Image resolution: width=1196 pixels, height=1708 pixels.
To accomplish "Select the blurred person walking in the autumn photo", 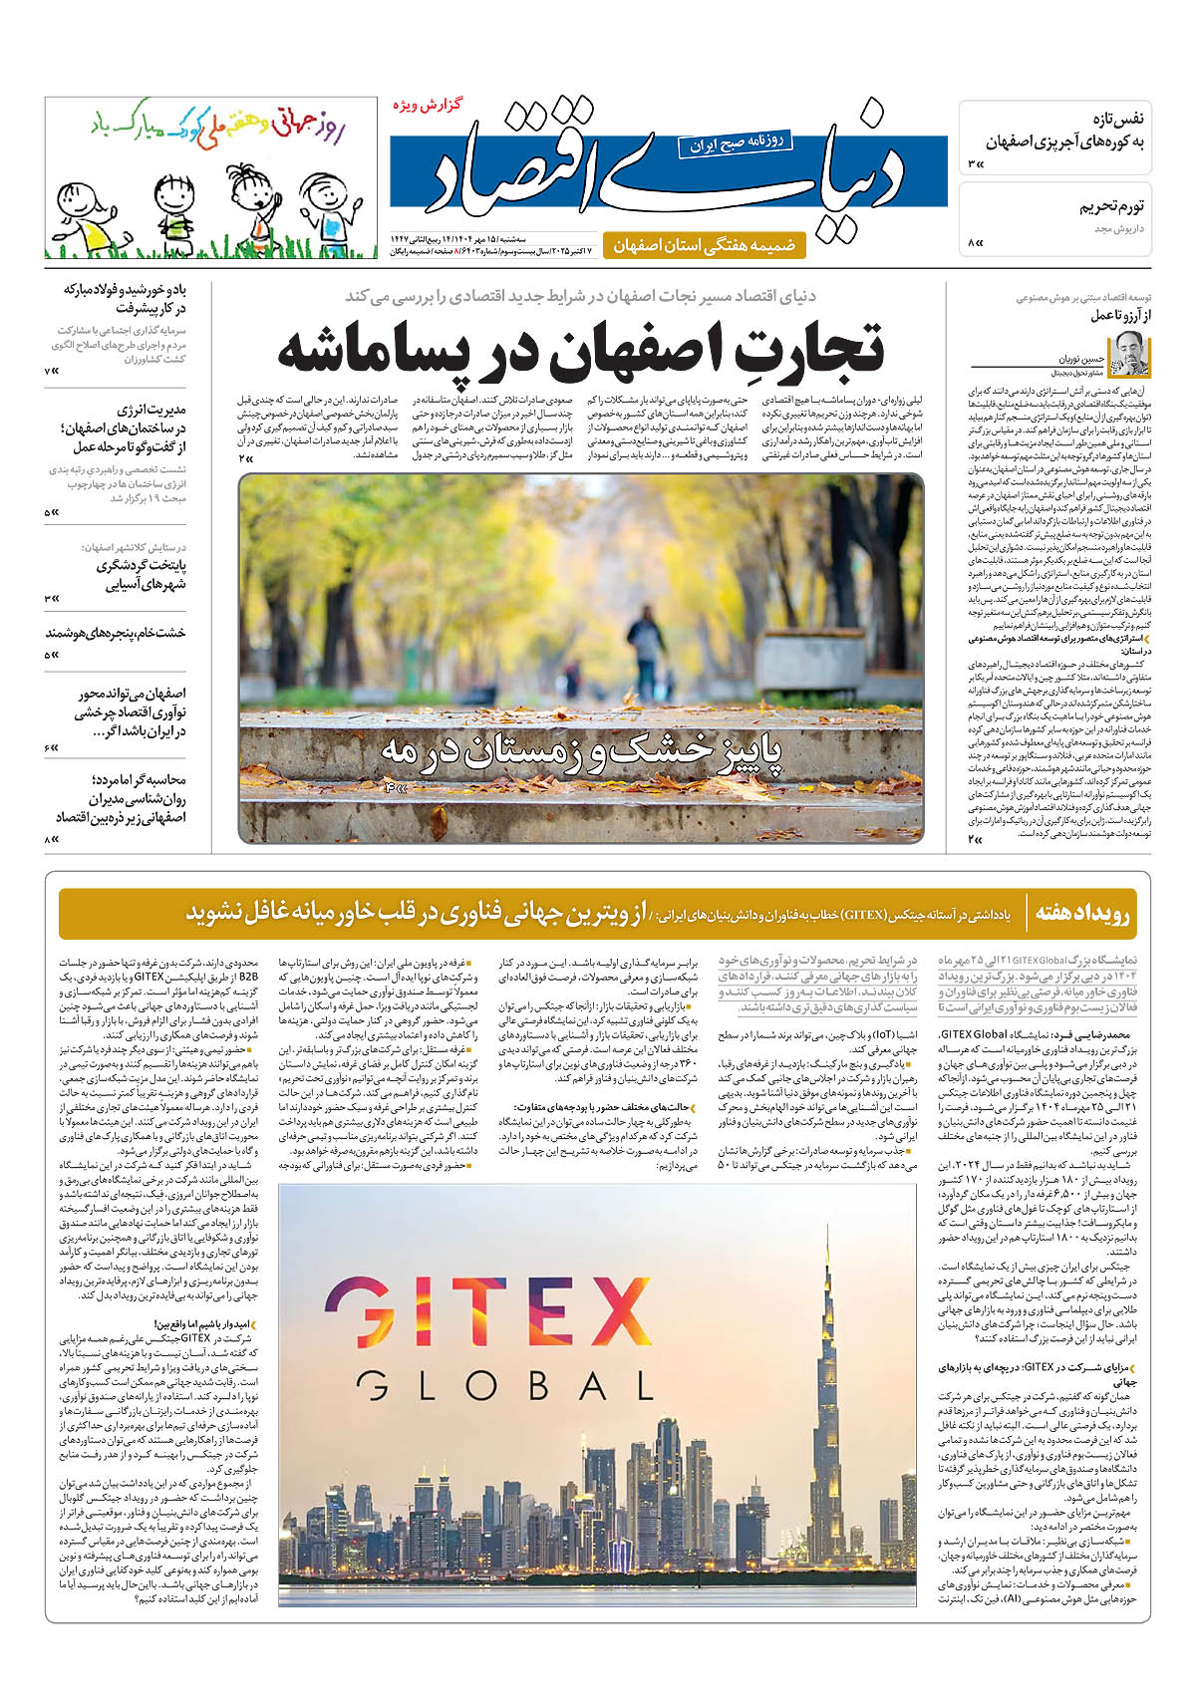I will (x=647, y=648).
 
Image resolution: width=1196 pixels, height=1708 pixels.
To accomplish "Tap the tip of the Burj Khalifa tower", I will (x=828, y=1246).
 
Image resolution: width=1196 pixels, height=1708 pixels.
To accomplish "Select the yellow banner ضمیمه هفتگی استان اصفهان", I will (x=704, y=245).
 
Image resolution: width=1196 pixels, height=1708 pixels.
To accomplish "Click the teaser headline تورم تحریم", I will (x=1111, y=207).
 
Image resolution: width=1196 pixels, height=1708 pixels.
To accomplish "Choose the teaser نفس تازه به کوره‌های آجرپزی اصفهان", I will (x=1066, y=130).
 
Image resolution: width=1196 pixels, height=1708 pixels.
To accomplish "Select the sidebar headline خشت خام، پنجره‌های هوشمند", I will (x=115, y=633).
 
